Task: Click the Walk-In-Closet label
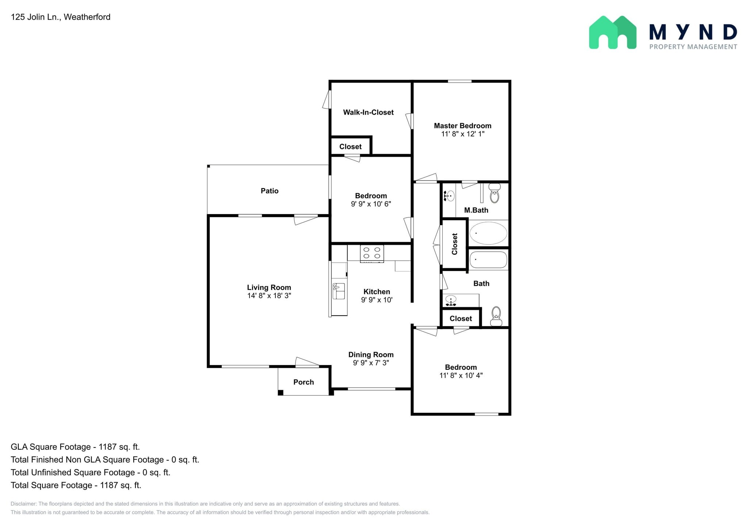tap(368, 113)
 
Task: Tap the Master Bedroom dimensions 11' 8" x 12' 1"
tap(462, 134)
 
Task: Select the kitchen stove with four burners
tap(372, 253)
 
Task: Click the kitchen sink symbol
tap(339, 291)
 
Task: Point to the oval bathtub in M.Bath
tap(488, 233)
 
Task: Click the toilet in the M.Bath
tap(494, 194)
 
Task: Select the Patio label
tap(270, 191)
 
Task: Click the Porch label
tap(304, 382)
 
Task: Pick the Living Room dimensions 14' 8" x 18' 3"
tap(269, 296)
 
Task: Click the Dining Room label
tap(371, 355)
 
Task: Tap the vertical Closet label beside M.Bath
tap(455, 244)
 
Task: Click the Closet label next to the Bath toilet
tap(461, 319)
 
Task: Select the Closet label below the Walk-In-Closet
tap(350, 147)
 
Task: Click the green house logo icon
tap(612, 33)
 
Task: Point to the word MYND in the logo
tap(693, 32)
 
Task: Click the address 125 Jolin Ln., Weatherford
tap(61, 17)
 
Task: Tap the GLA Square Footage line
tap(75, 447)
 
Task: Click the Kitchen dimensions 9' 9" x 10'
tap(377, 300)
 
